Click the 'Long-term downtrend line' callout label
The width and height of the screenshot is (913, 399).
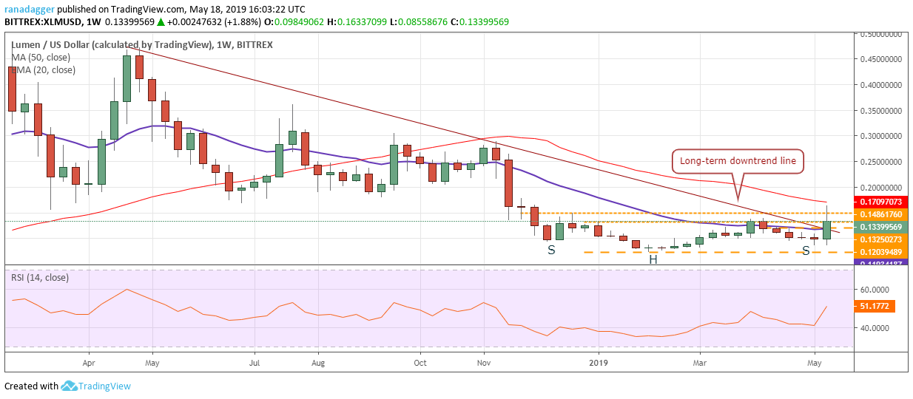tap(737, 161)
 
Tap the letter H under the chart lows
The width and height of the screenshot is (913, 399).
tap(653, 259)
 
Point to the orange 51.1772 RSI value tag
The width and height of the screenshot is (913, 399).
tap(879, 305)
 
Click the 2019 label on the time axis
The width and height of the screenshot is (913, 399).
tap(596, 364)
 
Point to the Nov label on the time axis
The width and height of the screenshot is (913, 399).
tap(485, 364)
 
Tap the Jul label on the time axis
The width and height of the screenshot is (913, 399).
tap(254, 364)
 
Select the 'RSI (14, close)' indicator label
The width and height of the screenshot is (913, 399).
tap(41, 279)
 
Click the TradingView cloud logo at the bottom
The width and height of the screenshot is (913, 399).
tap(70, 386)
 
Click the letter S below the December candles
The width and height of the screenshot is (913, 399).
tap(551, 250)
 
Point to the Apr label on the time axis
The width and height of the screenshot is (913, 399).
tap(89, 364)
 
